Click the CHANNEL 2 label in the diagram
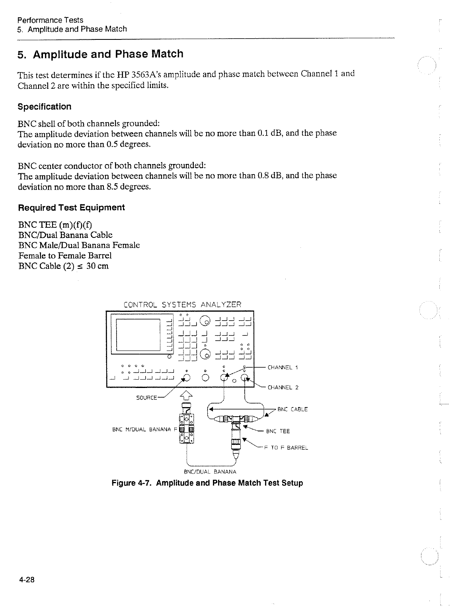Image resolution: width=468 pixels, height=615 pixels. pyautogui.click(x=283, y=387)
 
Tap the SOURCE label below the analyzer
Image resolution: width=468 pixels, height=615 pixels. pyautogui.click(x=146, y=398)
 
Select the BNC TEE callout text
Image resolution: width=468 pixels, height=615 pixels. pyautogui.click(x=278, y=431)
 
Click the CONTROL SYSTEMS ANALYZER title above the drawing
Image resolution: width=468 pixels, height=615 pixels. pyautogui.click(x=182, y=305)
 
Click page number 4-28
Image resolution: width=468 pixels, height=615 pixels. pyautogui.click(x=27, y=580)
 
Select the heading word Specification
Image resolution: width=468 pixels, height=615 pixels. pyautogui.click(x=45, y=107)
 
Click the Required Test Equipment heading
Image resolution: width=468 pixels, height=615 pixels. pyautogui.click(x=71, y=208)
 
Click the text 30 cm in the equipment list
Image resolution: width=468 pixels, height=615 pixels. pyautogui.click(x=98, y=266)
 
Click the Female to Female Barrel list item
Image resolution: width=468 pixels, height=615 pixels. pyautogui.click(x=65, y=255)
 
